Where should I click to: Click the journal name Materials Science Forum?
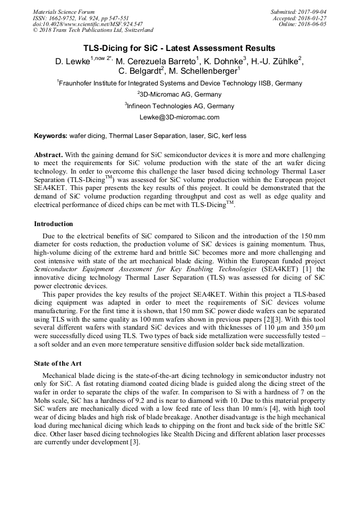coord(64,12)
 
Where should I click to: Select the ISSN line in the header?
coord(81,18)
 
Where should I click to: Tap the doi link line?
coord(88,24)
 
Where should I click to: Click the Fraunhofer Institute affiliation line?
coord(179,83)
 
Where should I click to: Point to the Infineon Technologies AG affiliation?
coord(179,106)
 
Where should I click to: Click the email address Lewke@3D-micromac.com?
coord(179,117)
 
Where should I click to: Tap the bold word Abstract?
coord(48,155)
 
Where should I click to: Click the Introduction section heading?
coord(54,224)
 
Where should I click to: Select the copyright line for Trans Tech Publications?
coord(93,31)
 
